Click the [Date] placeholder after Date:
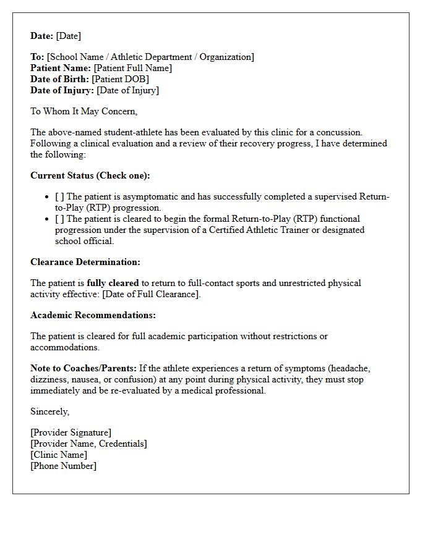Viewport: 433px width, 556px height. [x=68, y=36]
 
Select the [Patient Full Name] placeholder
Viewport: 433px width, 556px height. [x=132, y=68]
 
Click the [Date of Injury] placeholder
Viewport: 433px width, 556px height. [x=127, y=90]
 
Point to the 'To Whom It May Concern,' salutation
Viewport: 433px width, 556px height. [x=84, y=111]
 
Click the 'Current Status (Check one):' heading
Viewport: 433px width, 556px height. [x=90, y=175]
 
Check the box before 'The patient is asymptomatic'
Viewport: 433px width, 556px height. [x=59, y=196]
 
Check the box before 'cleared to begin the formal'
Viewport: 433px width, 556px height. [x=59, y=219]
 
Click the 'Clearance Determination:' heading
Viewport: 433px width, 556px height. [x=85, y=262]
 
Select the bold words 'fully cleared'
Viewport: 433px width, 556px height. [x=113, y=283]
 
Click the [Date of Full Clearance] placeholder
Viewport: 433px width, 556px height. [x=151, y=294]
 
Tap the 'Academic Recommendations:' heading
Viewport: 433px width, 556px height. [x=93, y=315]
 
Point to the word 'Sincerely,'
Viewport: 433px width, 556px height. [x=50, y=411]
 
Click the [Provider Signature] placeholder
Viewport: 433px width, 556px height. [x=71, y=432]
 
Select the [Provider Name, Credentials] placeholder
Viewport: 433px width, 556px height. [x=88, y=444]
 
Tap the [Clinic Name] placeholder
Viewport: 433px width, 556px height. [x=59, y=455]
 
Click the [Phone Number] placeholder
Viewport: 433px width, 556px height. [x=63, y=466]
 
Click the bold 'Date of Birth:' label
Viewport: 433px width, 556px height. [x=59, y=79]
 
